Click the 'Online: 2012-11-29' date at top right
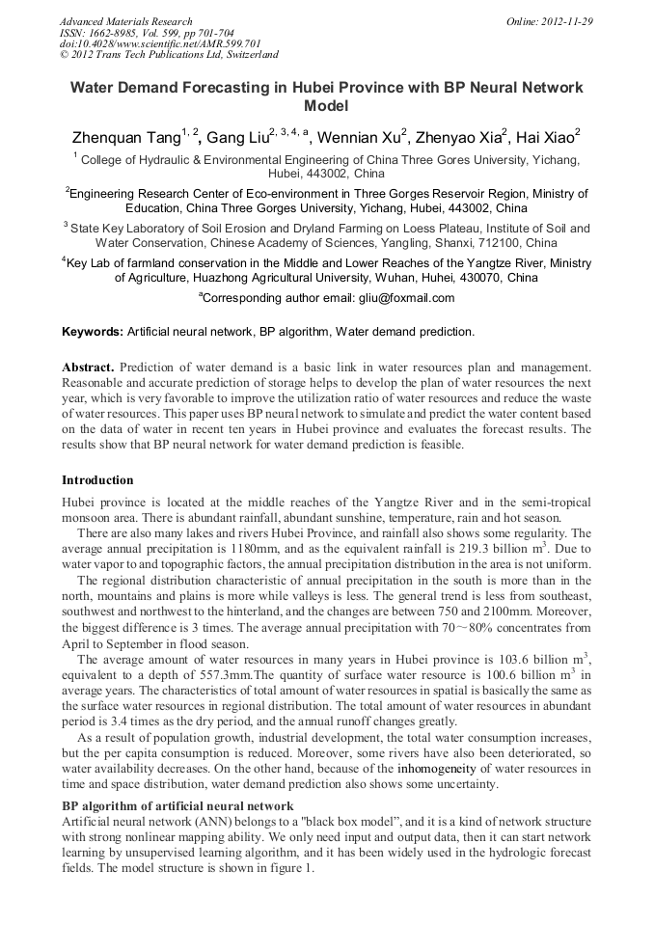point(549,21)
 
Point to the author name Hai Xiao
point(546,137)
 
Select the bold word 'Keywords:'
point(93,332)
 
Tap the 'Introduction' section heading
point(98,480)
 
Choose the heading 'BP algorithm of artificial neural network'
point(177,805)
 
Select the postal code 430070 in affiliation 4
point(510,278)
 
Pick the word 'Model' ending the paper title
point(326,106)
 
